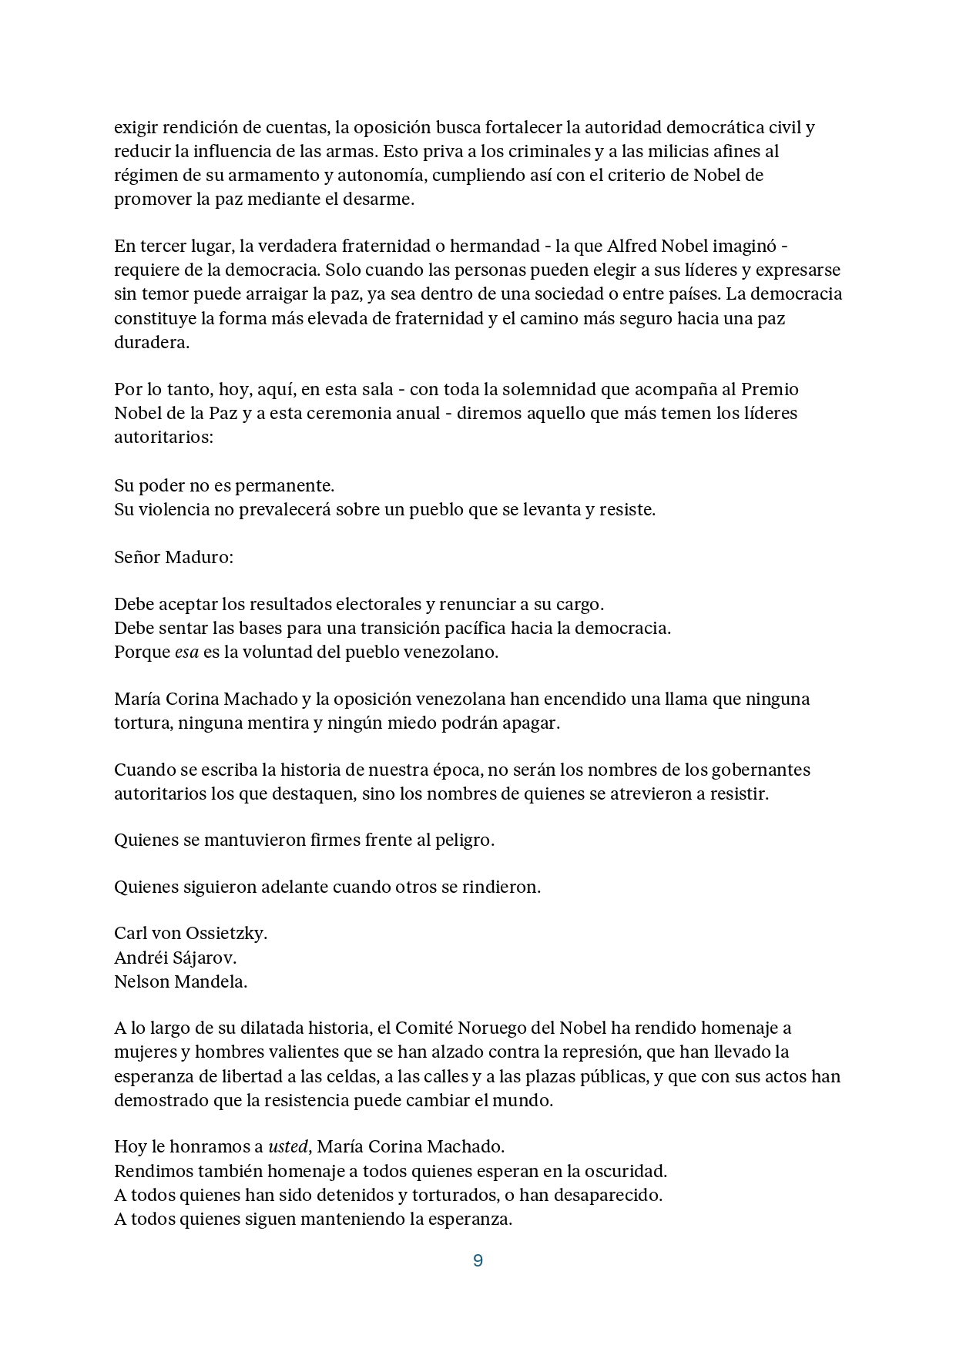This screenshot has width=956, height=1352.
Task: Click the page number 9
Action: coord(478,1261)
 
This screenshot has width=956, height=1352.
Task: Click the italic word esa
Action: coord(186,652)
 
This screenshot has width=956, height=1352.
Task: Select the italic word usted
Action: coord(287,1146)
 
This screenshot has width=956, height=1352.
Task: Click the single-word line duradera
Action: coord(151,343)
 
